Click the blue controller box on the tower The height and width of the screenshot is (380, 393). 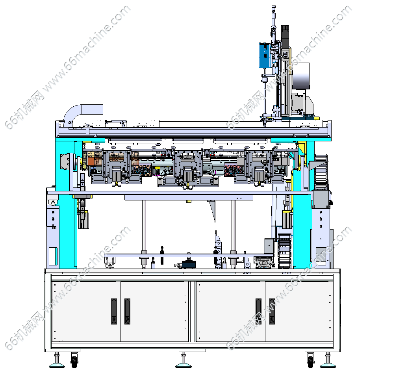click(265, 55)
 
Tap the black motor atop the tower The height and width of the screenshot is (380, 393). click(285, 37)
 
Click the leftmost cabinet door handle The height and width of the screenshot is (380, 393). click(114, 311)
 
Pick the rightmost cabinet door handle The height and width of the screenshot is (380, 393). click(272, 311)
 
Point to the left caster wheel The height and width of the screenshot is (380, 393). click(74, 360)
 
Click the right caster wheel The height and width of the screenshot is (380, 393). click(310, 360)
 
